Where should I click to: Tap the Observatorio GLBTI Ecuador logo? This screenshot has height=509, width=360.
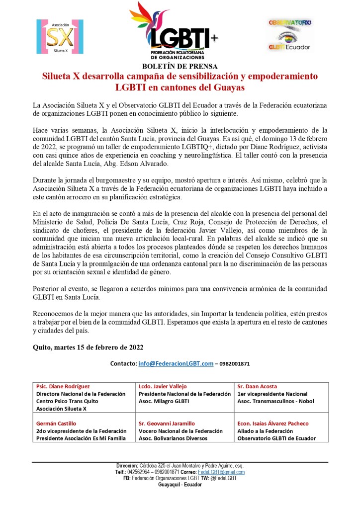(x=290, y=34)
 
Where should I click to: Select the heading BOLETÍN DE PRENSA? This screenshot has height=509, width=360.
(x=180, y=66)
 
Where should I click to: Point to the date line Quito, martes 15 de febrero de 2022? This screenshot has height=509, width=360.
(x=88, y=347)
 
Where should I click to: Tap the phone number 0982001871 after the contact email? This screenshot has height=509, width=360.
(x=234, y=364)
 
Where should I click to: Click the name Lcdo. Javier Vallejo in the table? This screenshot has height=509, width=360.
(x=162, y=386)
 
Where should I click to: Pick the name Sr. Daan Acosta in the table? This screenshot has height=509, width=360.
(x=258, y=386)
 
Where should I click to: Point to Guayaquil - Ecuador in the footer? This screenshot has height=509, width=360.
(x=180, y=484)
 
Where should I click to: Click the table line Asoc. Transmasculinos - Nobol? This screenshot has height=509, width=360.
(x=275, y=401)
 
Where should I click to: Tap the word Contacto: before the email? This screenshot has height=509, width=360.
(x=123, y=364)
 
